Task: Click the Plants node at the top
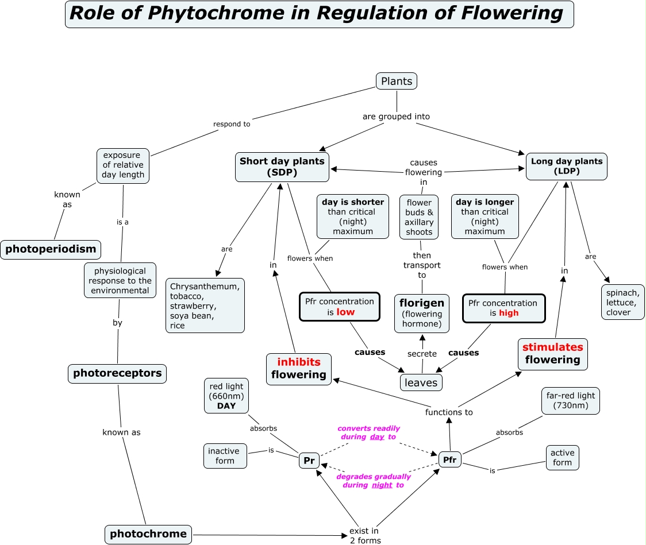click(x=397, y=81)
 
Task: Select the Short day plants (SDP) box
click(x=282, y=167)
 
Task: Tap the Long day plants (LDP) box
click(x=566, y=167)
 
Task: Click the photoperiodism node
click(x=51, y=250)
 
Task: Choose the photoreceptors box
click(x=117, y=373)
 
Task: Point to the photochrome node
click(x=148, y=534)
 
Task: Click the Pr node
click(x=309, y=461)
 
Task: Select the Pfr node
click(x=449, y=459)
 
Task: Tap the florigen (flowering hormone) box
click(x=422, y=313)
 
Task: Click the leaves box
click(x=421, y=382)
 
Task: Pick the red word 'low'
click(x=345, y=312)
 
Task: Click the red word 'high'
click(x=509, y=313)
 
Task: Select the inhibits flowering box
click(x=299, y=369)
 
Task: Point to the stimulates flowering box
click(x=552, y=354)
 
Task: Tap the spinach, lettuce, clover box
click(x=622, y=303)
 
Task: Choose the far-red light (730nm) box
click(x=570, y=400)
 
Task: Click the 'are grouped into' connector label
click(x=396, y=117)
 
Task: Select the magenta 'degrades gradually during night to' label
click(x=374, y=481)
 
